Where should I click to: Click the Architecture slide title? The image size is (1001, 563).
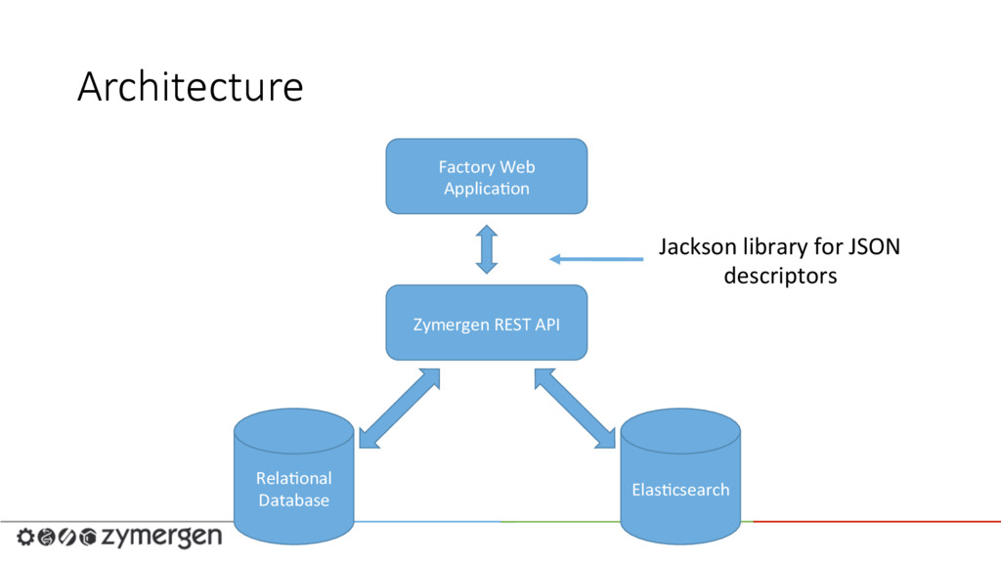click(191, 87)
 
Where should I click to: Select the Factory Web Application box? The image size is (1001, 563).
click(487, 176)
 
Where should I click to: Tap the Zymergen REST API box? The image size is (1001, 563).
click(487, 323)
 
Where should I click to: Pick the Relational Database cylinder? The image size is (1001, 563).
click(293, 476)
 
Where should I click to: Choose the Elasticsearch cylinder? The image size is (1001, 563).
click(680, 476)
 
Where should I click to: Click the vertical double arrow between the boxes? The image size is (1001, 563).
click(487, 249)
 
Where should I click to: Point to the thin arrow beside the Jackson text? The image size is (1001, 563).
click(596, 258)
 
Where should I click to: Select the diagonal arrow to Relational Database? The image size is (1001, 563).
click(400, 409)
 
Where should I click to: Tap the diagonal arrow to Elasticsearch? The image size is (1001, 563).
click(575, 409)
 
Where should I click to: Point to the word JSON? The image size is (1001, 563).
click(874, 247)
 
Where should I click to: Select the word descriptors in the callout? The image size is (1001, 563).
click(780, 277)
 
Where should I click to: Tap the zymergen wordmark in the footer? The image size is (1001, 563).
click(162, 537)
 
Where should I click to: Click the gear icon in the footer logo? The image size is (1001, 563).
click(25, 537)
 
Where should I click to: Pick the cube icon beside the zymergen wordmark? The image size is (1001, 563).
click(88, 537)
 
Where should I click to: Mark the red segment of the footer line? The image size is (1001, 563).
click(877, 522)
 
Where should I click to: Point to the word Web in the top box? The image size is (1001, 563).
click(517, 167)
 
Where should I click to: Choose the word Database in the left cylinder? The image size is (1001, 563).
click(293, 500)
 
